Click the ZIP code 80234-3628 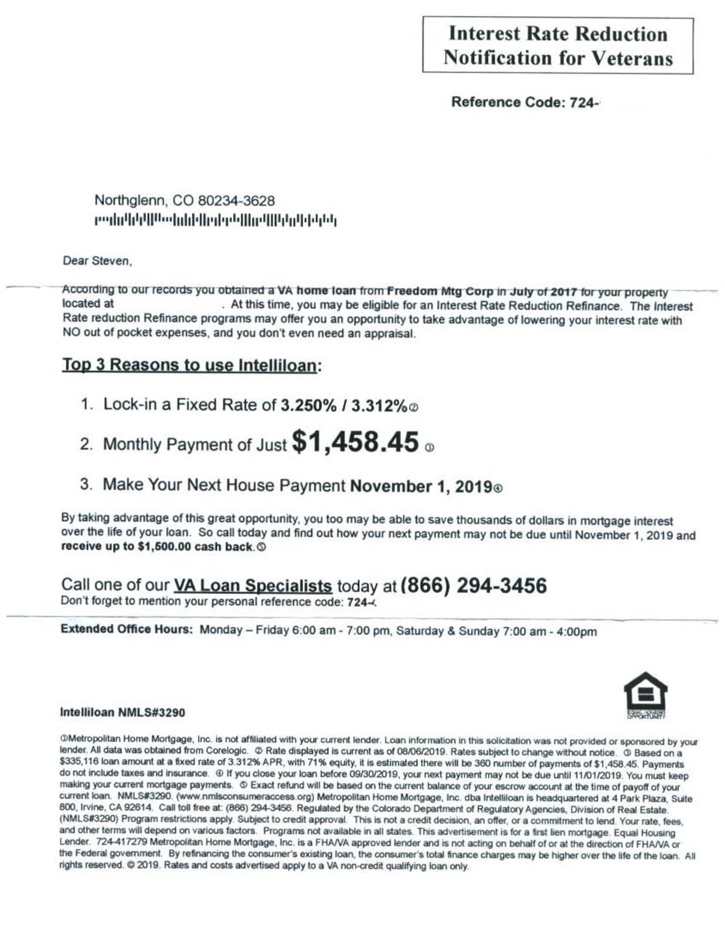[x=236, y=201]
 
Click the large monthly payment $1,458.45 [x=355, y=443]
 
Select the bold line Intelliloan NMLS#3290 [x=123, y=712]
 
